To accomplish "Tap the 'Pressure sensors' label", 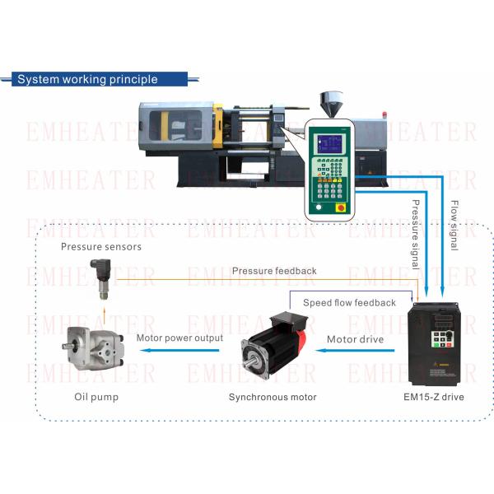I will [x=101, y=246].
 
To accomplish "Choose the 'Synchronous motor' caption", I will [x=273, y=397].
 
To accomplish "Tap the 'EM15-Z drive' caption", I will [x=434, y=397].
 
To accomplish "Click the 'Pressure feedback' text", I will [x=274, y=271].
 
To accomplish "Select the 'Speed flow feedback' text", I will [x=349, y=302].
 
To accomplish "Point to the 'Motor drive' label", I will [x=354, y=338].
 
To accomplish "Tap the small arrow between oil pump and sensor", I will [x=104, y=315].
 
